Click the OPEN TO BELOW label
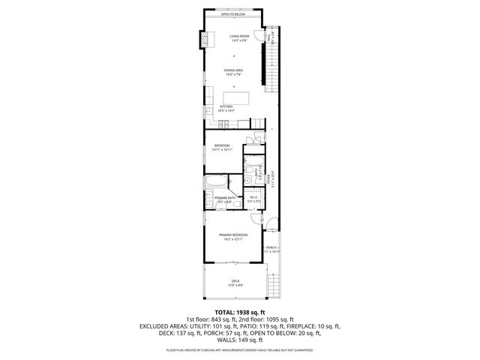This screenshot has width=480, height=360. click(233, 14)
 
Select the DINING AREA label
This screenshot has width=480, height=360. click(233, 72)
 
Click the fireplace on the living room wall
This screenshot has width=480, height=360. click(202, 40)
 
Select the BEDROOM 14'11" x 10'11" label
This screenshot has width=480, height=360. click(222, 148)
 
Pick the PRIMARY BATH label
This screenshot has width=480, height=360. click(224, 199)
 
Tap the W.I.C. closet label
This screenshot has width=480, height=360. click(253, 199)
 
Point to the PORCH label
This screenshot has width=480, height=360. click(271, 249)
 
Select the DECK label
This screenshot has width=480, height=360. click(235, 283)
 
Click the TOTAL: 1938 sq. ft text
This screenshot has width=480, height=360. click(240, 311)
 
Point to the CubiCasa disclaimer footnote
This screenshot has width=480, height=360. click(240, 349)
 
